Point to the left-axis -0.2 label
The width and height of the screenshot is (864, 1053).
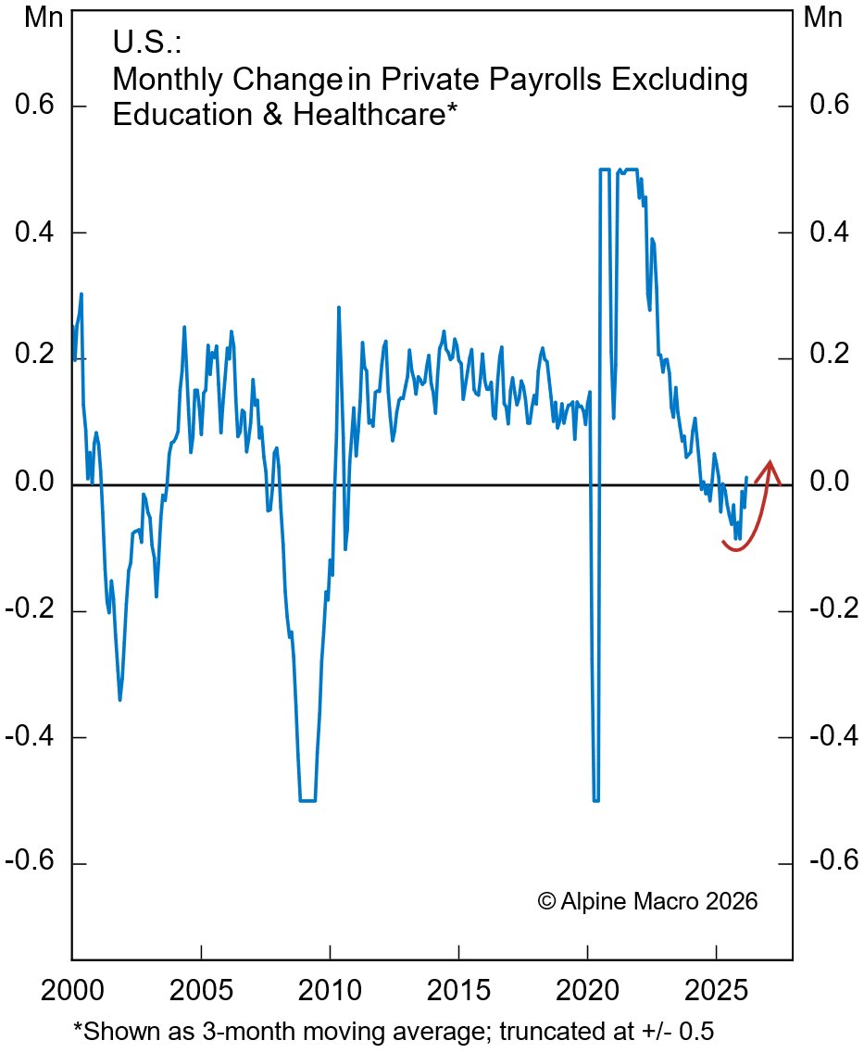(x=36, y=611)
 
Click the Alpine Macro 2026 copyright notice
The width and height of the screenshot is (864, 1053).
(x=647, y=900)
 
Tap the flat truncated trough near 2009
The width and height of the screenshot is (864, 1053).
(x=307, y=800)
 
